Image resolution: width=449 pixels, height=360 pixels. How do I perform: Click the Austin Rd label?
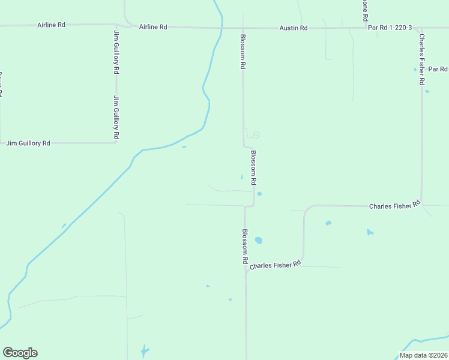point(294,28)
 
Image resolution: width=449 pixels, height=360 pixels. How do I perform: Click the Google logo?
point(20,353)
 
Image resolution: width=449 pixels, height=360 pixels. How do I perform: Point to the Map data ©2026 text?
point(423,355)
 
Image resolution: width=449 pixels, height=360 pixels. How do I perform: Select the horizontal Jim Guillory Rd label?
point(28,143)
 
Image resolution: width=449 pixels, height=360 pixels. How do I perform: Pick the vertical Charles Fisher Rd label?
point(423,58)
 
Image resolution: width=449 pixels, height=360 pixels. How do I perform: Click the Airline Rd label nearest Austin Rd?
point(153,27)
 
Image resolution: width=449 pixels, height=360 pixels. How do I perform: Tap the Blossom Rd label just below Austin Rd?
point(243,52)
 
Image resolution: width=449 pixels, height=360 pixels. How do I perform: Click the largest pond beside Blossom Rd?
point(259,241)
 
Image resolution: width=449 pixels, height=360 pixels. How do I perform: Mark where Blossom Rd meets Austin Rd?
point(243,28)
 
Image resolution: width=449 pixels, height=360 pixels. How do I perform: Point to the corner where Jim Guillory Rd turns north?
point(116,143)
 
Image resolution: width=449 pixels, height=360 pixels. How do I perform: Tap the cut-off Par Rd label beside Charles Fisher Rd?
point(438,70)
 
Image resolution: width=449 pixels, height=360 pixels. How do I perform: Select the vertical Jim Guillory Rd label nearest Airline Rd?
point(116,51)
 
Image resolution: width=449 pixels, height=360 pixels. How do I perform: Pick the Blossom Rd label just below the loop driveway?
point(254,167)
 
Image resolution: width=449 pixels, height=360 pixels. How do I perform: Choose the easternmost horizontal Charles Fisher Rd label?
point(394,206)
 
